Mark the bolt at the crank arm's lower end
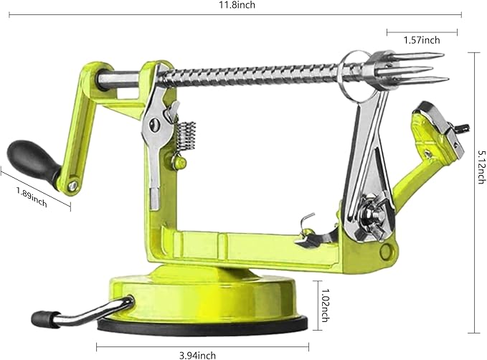pyautogui.click(x=72, y=187)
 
